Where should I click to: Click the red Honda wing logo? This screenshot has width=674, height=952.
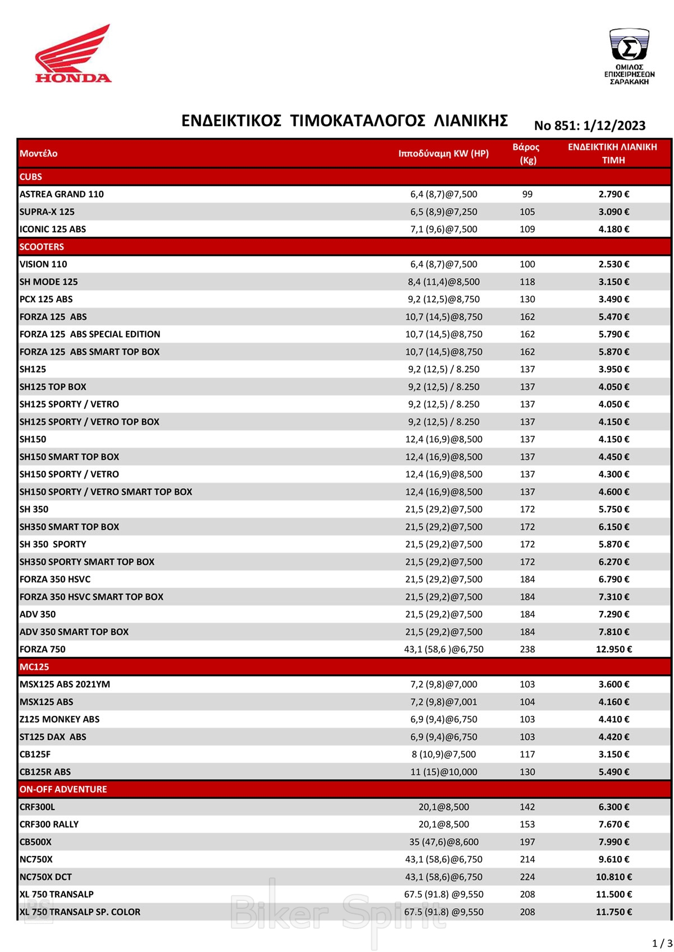click(x=73, y=53)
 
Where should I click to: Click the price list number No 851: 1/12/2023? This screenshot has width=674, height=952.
click(x=590, y=126)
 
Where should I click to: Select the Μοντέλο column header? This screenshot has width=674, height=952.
click(x=38, y=153)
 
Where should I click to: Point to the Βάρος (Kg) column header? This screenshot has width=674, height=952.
click(x=526, y=153)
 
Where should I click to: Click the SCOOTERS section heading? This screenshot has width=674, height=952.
click(x=42, y=247)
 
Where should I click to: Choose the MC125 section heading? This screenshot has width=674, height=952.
click(x=34, y=667)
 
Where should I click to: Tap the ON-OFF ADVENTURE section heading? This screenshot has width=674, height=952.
click(x=63, y=789)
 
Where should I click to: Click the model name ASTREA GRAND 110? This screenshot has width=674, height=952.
click(x=62, y=194)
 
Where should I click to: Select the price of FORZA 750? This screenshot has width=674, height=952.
click(x=614, y=649)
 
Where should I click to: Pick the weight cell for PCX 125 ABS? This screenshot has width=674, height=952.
click(x=527, y=299)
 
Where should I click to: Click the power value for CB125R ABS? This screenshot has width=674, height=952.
click(x=444, y=772)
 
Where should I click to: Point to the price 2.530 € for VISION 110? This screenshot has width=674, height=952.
click(x=614, y=264)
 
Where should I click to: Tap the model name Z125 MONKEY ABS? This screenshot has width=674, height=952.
click(x=60, y=719)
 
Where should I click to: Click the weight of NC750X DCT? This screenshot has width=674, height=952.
click(x=527, y=877)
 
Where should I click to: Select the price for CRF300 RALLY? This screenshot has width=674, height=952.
click(x=614, y=824)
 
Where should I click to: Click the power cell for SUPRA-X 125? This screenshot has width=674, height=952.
click(x=444, y=211)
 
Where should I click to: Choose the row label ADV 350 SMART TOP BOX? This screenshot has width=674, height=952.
click(x=74, y=632)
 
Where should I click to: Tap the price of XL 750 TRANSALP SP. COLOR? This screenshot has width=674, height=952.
click(x=614, y=912)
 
